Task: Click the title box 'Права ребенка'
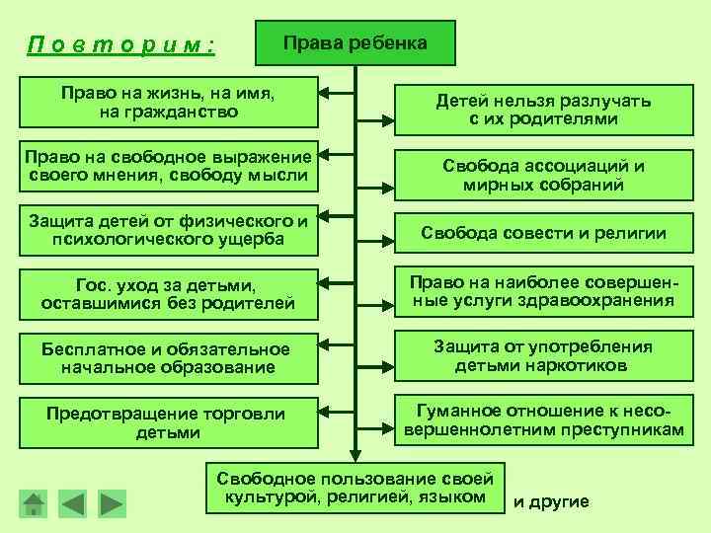pyautogui.click(x=355, y=43)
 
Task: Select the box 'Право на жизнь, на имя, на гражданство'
pyautogui.click(x=168, y=103)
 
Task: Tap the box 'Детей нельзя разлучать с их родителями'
pyautogui.click(x=544, y=110)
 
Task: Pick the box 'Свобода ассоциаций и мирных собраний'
pyautogui.click(x=544, y=175)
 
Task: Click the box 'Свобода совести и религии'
pyautogui.click(x=544, y=234)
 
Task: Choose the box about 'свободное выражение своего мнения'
pyautogui.click(x=168, y=168)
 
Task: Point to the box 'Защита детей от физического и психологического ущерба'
pyautogui.click(x=168, y=229)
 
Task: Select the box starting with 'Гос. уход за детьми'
pyautogui.click(x=168, y=294)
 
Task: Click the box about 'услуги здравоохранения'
pyautogui.click(x=544, y=291)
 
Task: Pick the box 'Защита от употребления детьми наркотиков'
pyautogui.click(x=544, y=356)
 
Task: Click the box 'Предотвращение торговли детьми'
pyautogui.click(x=168, y=422)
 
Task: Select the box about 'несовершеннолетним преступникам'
pyautogui.click(x=544, y=420)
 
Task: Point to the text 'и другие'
pyautogui.click(x=551, y=501)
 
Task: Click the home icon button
pyautogui.click(x=35, y=502)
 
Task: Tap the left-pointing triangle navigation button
pyautogui.click(x=72, y=502)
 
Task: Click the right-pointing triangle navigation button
pyautogui.click(x=112, y=502)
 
